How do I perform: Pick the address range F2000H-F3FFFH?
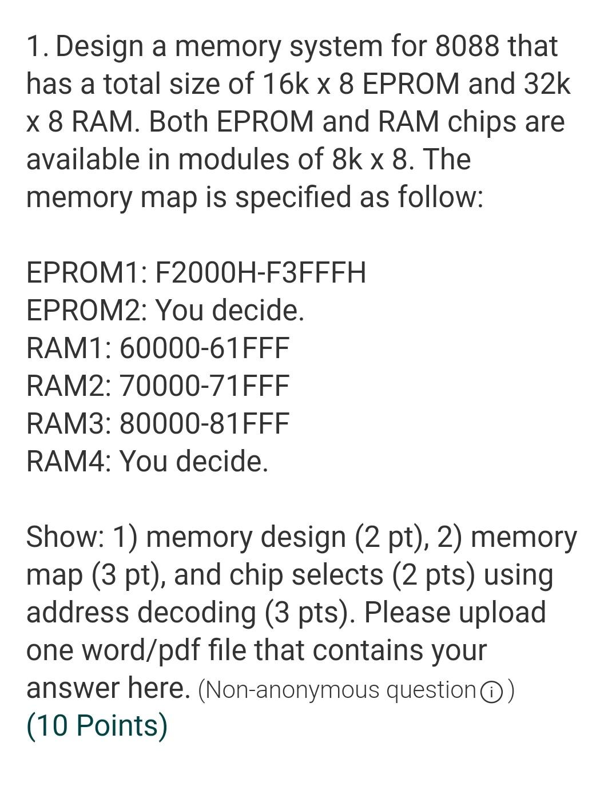point(260,273)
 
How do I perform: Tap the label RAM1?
point(69,348)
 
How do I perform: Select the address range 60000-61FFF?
point(204,348)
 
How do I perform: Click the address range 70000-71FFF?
point(204,386)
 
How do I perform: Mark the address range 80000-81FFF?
point(204,424)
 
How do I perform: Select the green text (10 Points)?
point(97,726)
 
